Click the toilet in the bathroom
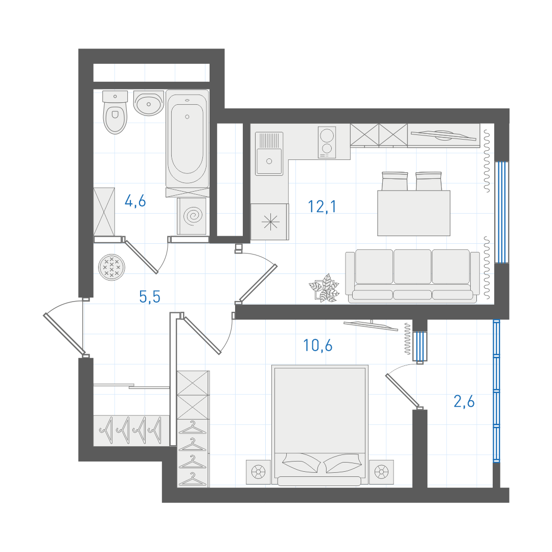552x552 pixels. [x=115, y=112]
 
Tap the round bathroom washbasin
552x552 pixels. [x=149, y=103]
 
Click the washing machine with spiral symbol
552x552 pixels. [x=192, y=216]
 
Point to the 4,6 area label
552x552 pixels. [x=135, y=201]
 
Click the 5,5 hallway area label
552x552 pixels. [x=150, y=297]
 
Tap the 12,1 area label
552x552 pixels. [x=322, y=206]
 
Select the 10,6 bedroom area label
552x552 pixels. [x=317, y=346]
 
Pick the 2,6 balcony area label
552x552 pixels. [x=464, y=401]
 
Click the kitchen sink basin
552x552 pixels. [x=269, y=161]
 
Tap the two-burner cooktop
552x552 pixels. [x=327, y=142]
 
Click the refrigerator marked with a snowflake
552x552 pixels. [x=270, y=222]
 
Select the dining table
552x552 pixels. [x=413, y=213]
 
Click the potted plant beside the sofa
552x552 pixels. [x=324, y=288]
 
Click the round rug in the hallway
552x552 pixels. [x=111, y=267]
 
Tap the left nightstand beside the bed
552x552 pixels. [x=259, y=472]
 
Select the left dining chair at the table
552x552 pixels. [x=395, y=181]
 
